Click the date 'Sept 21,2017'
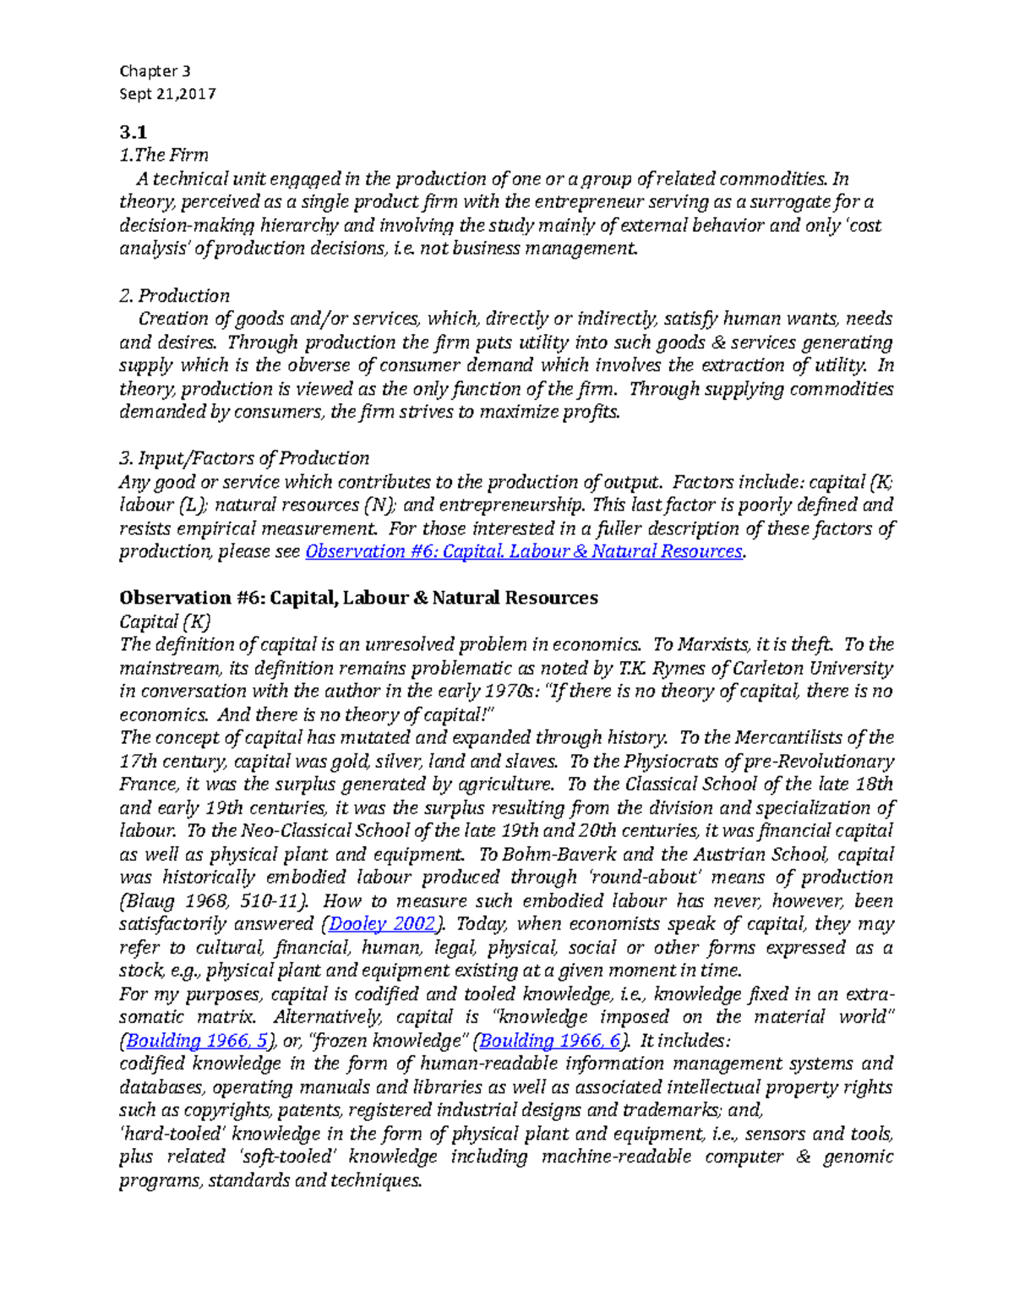[x=167, y=94]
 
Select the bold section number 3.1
[x=133, y=132]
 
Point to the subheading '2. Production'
[x=174, y=296]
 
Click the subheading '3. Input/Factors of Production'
[x=244, y=458]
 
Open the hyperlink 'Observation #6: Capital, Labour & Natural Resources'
[x=523, y=551]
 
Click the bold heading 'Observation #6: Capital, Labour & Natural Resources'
[x=358, y=598]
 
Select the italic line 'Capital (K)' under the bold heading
[x=164, y=621]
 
